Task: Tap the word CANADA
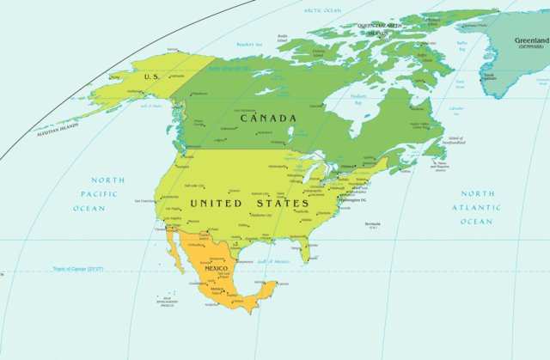coord(268,118)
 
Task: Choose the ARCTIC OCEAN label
coord(322,10)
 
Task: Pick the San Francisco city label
coord(147,201)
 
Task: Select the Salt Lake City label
coord(195,186)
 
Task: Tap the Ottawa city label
coord(347,166)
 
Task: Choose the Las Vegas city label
coord(174,208)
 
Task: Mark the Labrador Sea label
coord(456,109)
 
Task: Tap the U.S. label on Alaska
coord(153,76)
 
